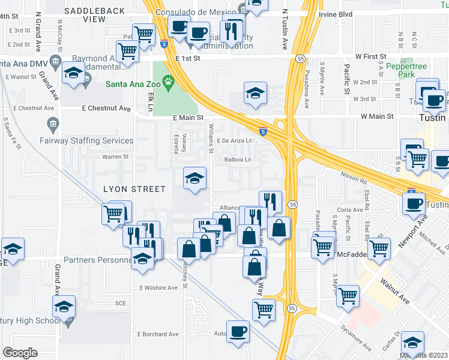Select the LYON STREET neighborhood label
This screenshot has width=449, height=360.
pyautogui.click(x=134, y=189)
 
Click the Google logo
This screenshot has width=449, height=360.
pyautogui.click(x=20, y=353)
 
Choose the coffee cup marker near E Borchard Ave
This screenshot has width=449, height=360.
pyautogui.click(x=238, y=332)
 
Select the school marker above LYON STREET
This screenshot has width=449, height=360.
pyautogui.click(x=194, y=179)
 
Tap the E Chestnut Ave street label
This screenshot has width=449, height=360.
pyautogui.click(x=106, y=109)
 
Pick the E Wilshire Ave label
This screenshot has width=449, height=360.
pyautogui.click(x=158, y=287)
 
